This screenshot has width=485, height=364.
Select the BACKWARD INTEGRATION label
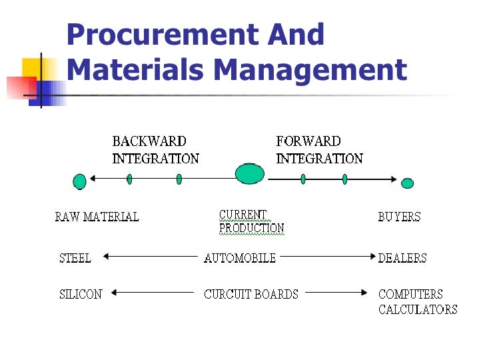pos(155,150)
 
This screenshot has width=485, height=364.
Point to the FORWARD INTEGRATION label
pos(319,150)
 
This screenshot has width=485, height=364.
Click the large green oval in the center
pos(250,173)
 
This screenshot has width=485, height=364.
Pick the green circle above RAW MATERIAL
pos(80,181)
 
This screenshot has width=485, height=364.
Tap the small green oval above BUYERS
pos(407,183)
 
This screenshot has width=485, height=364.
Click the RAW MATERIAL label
pos(97,217)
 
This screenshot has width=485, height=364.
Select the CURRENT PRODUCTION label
pos(251,221)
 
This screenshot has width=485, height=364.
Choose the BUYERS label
pos(399,217)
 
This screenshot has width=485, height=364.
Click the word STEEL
pos(75,258)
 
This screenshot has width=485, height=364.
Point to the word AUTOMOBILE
pos(239,258)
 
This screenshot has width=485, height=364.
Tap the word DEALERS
pos(402,258)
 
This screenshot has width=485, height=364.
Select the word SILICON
pos(81,293)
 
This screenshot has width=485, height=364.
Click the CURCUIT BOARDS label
pos(250,293)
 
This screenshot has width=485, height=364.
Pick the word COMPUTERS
pos(410,293)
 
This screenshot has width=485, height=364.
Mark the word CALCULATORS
pos(418,309)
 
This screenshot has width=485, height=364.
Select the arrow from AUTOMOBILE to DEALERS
pos(326,256)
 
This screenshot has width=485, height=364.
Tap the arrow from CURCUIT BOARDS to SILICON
pos(153,292)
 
